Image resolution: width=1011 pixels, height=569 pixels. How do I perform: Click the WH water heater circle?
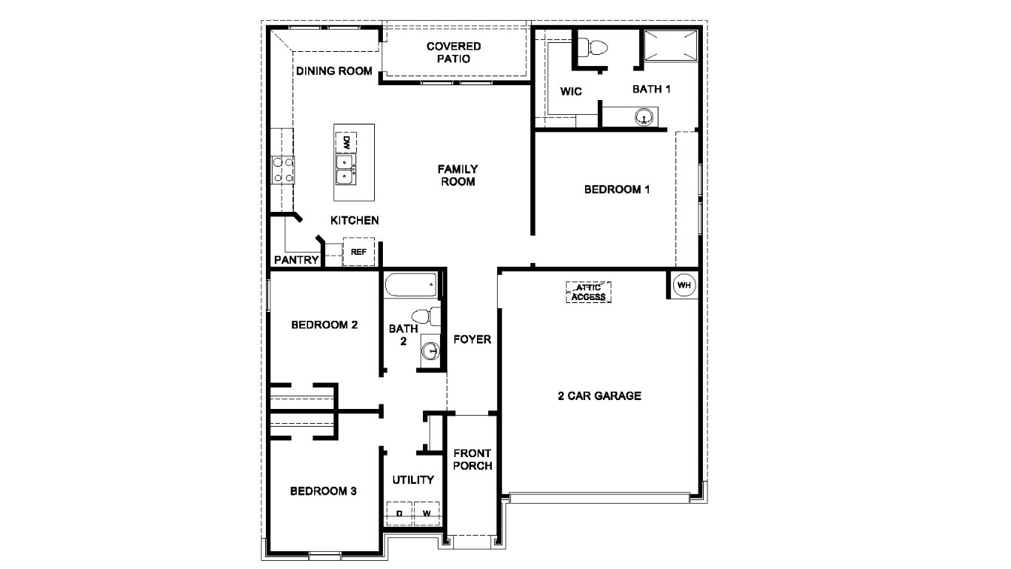pos(684,285)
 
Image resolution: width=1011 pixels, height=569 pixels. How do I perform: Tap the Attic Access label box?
pos(589,292)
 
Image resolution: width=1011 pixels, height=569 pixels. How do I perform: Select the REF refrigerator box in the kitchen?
pos(358,252)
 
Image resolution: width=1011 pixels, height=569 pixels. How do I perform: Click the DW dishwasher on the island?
pos(346,142)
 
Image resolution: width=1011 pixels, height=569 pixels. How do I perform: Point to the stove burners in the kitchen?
pos(283,169)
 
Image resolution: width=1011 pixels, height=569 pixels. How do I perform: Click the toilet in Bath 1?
pos(593,48)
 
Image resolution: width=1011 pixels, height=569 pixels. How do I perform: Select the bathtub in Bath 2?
pos(411,285)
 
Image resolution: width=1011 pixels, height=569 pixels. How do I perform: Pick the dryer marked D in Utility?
pos(399,513)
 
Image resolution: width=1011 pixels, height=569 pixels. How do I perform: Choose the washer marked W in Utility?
pos(427,513)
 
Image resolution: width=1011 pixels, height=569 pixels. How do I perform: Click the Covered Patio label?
pos(453,52)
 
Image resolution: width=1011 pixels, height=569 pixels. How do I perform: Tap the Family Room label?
pos(458,175)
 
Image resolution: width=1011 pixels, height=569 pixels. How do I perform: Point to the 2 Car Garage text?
pos(599,396)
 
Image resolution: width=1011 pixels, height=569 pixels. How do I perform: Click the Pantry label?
pos(296,260)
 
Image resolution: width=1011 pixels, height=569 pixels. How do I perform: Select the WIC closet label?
pos(571,92)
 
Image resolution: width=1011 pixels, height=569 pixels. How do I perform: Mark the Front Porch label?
pos(473,459)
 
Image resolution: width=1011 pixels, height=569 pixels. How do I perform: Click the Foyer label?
pos(473,339)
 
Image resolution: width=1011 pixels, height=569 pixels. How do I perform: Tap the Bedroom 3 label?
pos(324,490)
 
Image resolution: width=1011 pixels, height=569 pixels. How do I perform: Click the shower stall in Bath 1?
pos(670,46)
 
